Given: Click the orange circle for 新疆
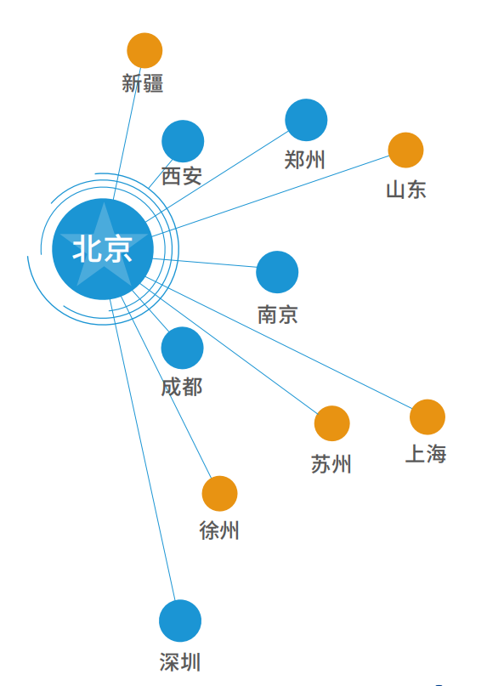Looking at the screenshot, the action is coord(144,50).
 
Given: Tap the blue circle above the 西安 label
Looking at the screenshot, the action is coord(183,141).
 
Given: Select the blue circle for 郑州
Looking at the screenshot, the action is coord(306,120).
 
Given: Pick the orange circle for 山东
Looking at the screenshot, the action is coord(406,150).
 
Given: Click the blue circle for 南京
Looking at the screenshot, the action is coord(277,272).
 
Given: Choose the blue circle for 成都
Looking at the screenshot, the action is coord(183,348).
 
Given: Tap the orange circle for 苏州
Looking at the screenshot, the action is coord(332,423).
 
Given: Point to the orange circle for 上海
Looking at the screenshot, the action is coord(428,417).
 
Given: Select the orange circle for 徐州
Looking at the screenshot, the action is coord(219,494).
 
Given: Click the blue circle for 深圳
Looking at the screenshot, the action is coord(180,621).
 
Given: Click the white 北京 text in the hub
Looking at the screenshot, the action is coord(102,249).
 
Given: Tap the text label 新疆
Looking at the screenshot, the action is coord(143,83).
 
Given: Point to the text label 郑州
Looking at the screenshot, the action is coord(304,160).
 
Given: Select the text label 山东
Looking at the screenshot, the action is coord(406,190).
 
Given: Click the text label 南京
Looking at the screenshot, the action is coord(278,315).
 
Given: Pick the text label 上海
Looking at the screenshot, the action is coord(426,454).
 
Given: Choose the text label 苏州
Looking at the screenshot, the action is coord(331,464).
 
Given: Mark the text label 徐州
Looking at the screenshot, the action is coord(219,530).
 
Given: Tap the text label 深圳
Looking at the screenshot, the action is coord(180,662).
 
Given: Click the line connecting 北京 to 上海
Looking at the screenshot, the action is coord(278,343).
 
